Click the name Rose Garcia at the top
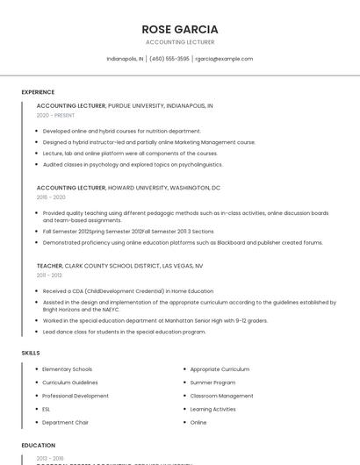(179, 29)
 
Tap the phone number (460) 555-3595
(169, 59)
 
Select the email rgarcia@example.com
(224, 59)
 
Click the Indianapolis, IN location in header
(125, 59)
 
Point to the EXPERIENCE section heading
(38, 92)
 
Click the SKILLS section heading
(31, 353)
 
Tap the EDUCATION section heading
(39, 446)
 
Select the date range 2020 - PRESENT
(55, 115)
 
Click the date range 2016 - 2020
(51, 197)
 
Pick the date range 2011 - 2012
(49, 275)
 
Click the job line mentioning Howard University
(128, 188)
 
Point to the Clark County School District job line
(119, 265)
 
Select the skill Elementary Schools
(67, 369)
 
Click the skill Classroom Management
(221, 396)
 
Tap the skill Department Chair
(65, 422)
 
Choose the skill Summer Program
(212, 383)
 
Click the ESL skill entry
(47, 409)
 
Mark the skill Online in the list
(198, 422)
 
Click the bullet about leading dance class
(124, 332)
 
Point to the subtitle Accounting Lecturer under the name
(179, 42)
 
